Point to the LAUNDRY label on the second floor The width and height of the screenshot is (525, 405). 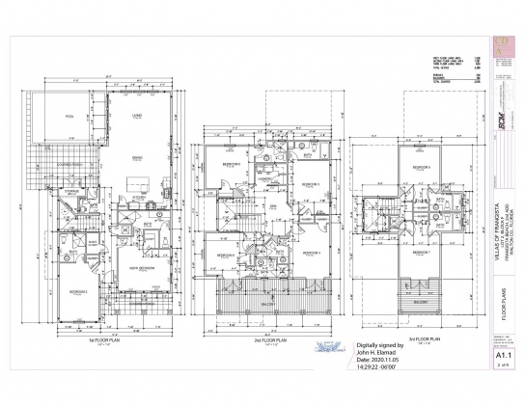[x=262, y=179]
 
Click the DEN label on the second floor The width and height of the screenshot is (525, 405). [x=272, y=206]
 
